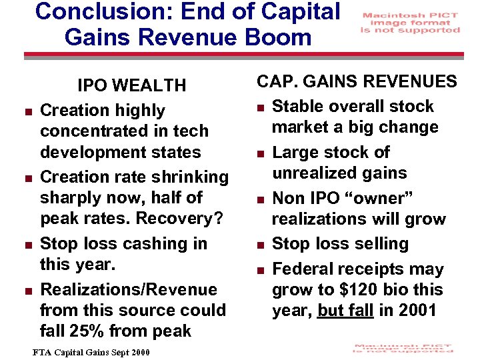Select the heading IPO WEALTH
pos(131,85)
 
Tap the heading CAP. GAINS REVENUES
pos(357,81)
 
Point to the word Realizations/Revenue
pos(129,289)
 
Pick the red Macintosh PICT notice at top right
pos(410,22)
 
